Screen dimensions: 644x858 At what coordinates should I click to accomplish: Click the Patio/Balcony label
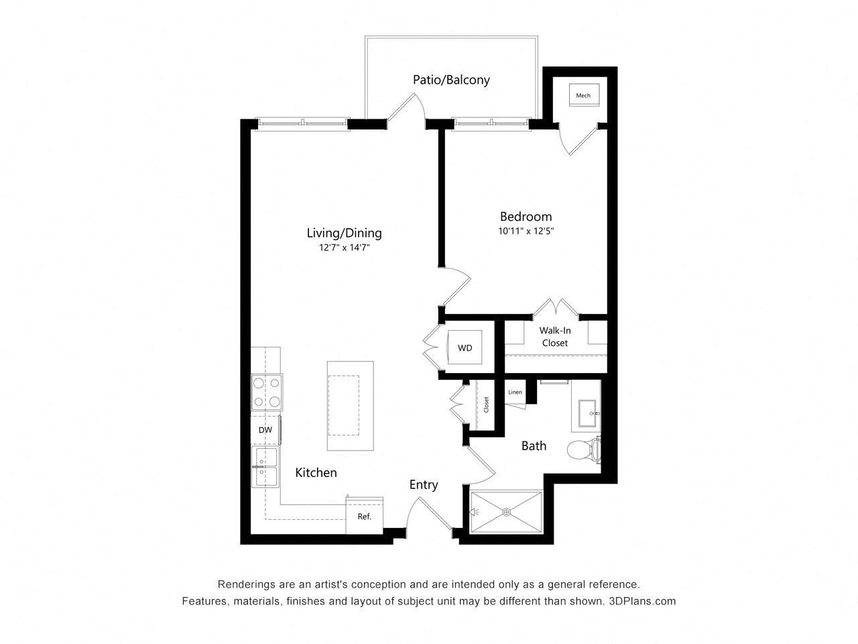coord(451,80)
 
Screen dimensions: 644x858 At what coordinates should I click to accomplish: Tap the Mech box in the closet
coord(583,95)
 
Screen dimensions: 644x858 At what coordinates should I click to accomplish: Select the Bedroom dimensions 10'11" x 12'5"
coord(526,231)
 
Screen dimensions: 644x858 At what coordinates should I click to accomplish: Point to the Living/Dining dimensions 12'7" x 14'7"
coord(344,248)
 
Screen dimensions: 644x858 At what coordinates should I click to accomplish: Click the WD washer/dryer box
coord(465,347)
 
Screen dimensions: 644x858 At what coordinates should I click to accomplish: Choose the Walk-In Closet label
coord(554,337)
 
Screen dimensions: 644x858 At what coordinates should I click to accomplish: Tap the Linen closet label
coord(515,392)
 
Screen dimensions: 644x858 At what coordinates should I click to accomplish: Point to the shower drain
coord(506,512)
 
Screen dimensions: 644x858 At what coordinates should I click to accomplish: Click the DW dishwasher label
coord(265,430)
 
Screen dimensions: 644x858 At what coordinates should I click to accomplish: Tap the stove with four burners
coord(267,392)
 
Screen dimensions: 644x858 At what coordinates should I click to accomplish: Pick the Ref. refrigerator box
coord(364,517)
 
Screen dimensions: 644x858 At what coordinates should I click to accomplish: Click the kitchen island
coord(351,406)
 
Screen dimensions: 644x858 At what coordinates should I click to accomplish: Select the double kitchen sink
coord(265,467)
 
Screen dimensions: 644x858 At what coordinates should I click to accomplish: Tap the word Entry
coord(424,485)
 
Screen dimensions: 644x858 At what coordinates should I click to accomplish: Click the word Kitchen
coord(316,473)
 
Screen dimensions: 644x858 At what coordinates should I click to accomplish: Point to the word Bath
coord(534,446)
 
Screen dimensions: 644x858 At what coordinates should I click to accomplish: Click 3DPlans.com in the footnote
coord(643,601)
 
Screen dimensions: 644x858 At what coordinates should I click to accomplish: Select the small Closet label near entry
coord(486,405)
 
